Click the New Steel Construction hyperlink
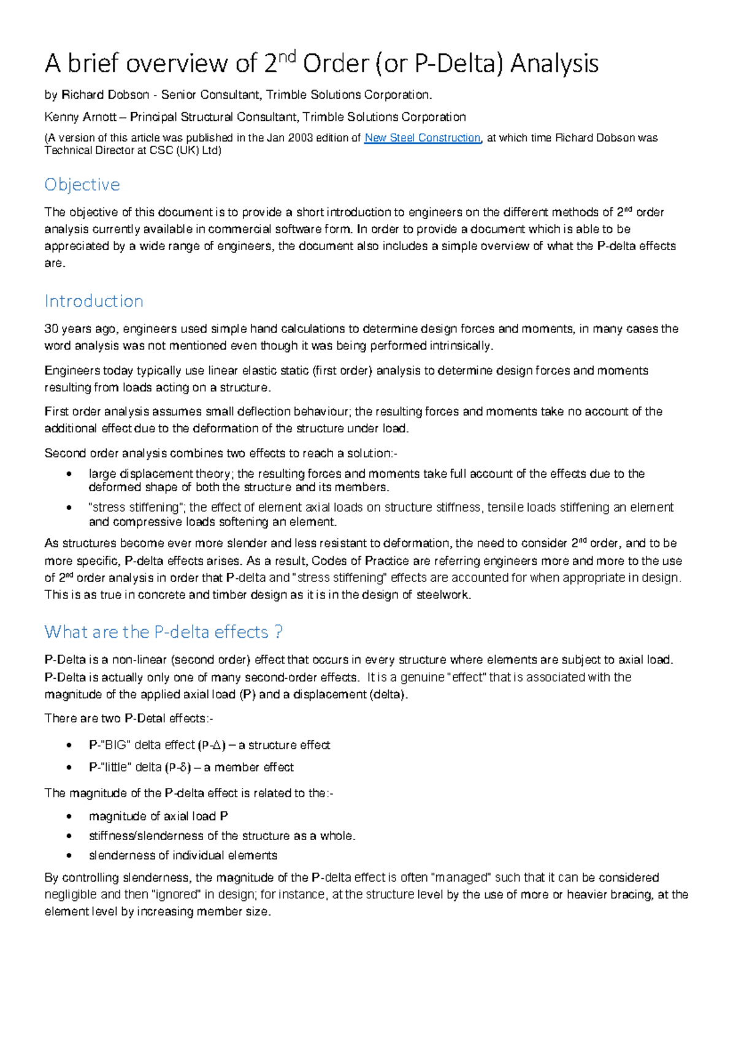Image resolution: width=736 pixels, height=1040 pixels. [x=422, y=138]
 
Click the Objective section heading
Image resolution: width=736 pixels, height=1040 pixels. [x=82, y=185]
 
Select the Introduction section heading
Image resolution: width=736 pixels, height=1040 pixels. [x=94, y=301]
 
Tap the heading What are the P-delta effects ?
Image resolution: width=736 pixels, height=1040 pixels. [x=163, y=632]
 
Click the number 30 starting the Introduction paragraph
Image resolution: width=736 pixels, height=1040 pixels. [x=51, y=329]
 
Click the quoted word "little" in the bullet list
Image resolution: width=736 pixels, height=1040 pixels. [x=115, y=768]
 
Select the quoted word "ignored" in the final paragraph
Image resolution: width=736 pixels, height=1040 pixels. [x=176, y=895]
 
